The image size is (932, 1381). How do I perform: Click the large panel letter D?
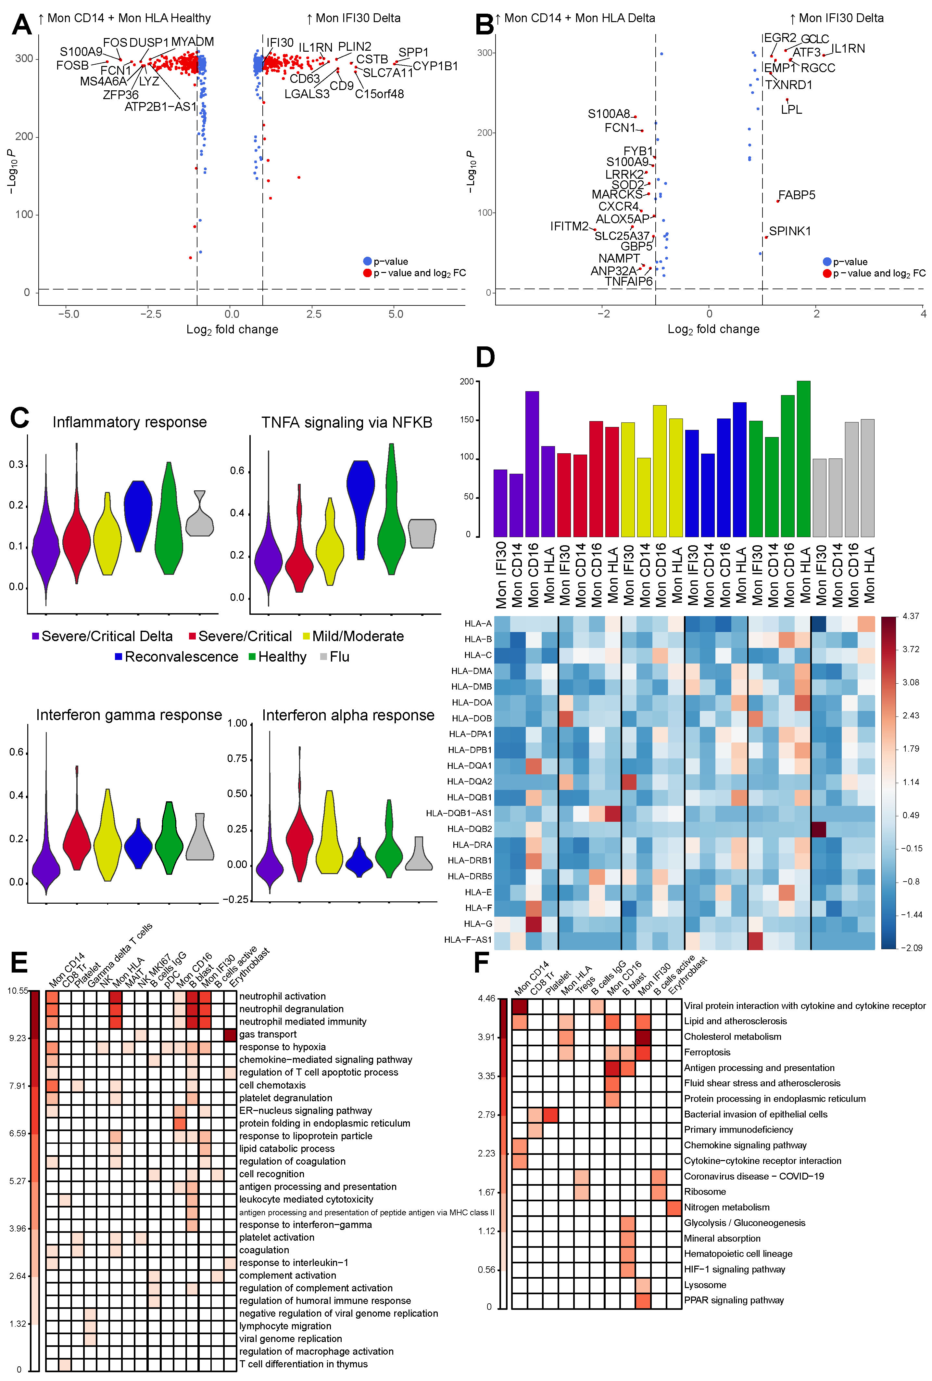pyautogui.click(x=485, y=357)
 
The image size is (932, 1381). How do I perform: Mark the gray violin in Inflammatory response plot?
pyautogui.click(x=200, y=519)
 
